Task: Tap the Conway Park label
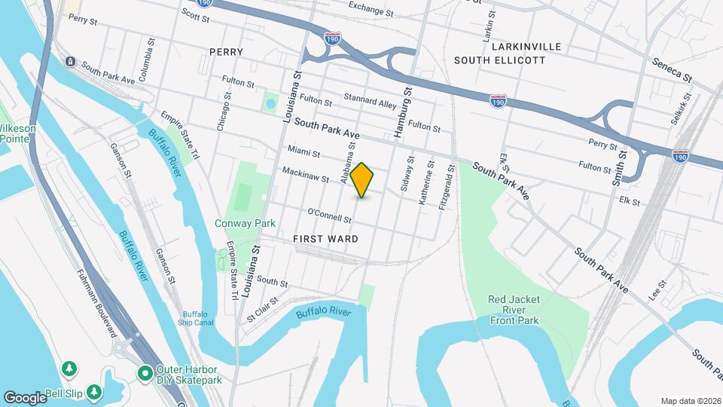click(x=245, y=223)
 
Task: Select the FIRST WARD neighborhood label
click(x=325, y=238)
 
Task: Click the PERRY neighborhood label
click(x=227, y=52)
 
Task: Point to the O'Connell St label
click(x=329, y=216)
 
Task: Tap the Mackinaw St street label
click(x=306, y=176)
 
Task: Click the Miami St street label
click(x=304, y=152)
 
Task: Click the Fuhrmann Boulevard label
click(x=96, y=302)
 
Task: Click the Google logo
click(x=25, y=397)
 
